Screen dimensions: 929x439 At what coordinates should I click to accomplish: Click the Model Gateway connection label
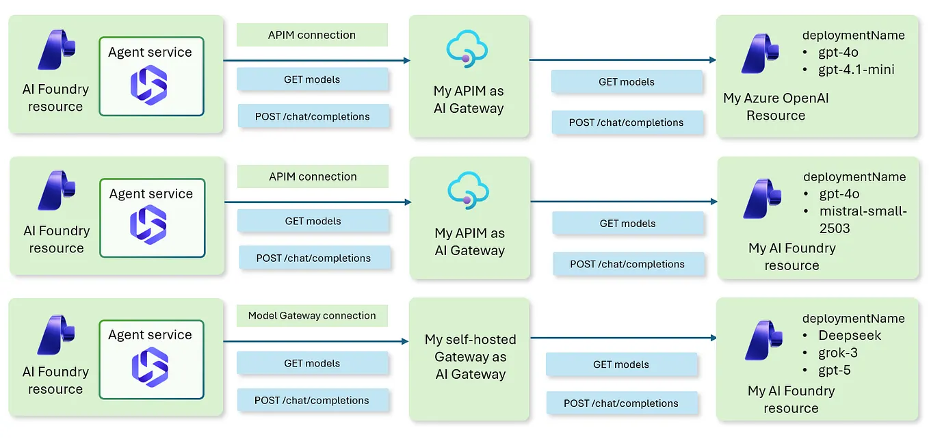(312, 315)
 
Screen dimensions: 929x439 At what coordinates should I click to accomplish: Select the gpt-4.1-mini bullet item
(856, 69)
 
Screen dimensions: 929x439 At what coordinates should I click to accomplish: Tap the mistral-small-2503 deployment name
(863, 219)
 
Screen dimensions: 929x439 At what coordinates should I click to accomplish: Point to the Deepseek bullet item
(850, 335)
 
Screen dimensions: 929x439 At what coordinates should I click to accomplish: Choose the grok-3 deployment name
(838, 353)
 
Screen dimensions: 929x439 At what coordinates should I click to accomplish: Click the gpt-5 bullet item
(835, 370)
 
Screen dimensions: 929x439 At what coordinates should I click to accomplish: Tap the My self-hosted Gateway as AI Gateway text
(470, 357)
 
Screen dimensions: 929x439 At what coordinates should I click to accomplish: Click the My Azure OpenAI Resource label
(776, 107)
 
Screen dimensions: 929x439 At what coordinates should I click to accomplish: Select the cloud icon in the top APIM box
(467, 49)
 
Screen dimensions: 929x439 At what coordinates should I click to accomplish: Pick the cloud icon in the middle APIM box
(468, 190)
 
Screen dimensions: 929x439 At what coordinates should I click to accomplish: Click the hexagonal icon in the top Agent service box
(149, 85)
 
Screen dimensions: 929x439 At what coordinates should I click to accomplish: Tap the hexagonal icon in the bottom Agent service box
(150, 367)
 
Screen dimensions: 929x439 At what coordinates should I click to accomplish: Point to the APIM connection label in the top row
(312, 35)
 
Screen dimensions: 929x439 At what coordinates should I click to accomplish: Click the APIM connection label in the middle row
(313, 176)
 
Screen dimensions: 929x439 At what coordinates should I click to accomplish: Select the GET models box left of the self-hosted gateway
(313, 363)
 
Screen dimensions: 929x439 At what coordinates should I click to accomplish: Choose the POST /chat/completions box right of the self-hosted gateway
(621, 403)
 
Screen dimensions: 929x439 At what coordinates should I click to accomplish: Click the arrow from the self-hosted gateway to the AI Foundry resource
(623, 338)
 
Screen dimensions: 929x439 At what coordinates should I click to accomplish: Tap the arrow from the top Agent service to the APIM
(317, 61)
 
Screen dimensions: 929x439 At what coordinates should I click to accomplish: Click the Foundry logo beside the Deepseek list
(763, 340)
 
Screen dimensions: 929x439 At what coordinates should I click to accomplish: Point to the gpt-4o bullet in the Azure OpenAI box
(838, 52)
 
